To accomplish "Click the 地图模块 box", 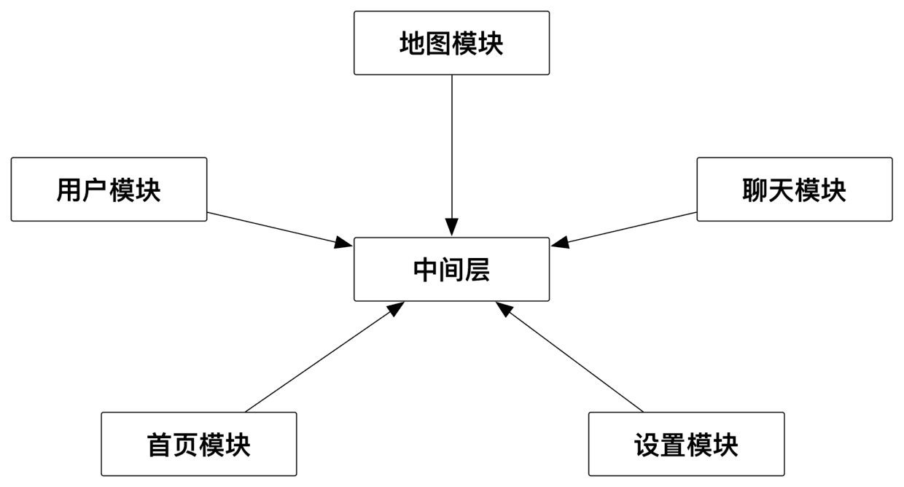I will tap(451, 43).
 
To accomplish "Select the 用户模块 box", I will tap(109, 190).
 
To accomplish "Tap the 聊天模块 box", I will tap(794, 190).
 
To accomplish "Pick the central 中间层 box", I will tap(451, 269).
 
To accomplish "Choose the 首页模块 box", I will tap(198, 444).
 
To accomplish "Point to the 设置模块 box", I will tap(686, 444).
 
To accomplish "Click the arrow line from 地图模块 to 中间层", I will tap(451, 146).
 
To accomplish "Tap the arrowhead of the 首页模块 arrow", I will tap(396, 308).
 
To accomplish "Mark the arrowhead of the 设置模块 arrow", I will tap(504, 308).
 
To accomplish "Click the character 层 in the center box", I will tap(478, 270).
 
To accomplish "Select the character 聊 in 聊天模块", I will tap(755, 190).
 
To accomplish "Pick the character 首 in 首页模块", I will tap(160, 445).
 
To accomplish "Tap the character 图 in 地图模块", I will tap(438, 44).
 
